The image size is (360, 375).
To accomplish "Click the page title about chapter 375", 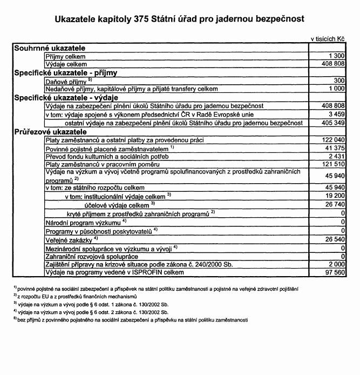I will (180, 19).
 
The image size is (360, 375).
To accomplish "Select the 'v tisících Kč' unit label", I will (327, 40).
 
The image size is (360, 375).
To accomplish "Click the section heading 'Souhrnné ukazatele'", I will (50, 48).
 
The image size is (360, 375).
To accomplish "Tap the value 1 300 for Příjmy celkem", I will (336, 56).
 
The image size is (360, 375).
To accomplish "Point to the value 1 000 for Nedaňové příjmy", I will (336, 88).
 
